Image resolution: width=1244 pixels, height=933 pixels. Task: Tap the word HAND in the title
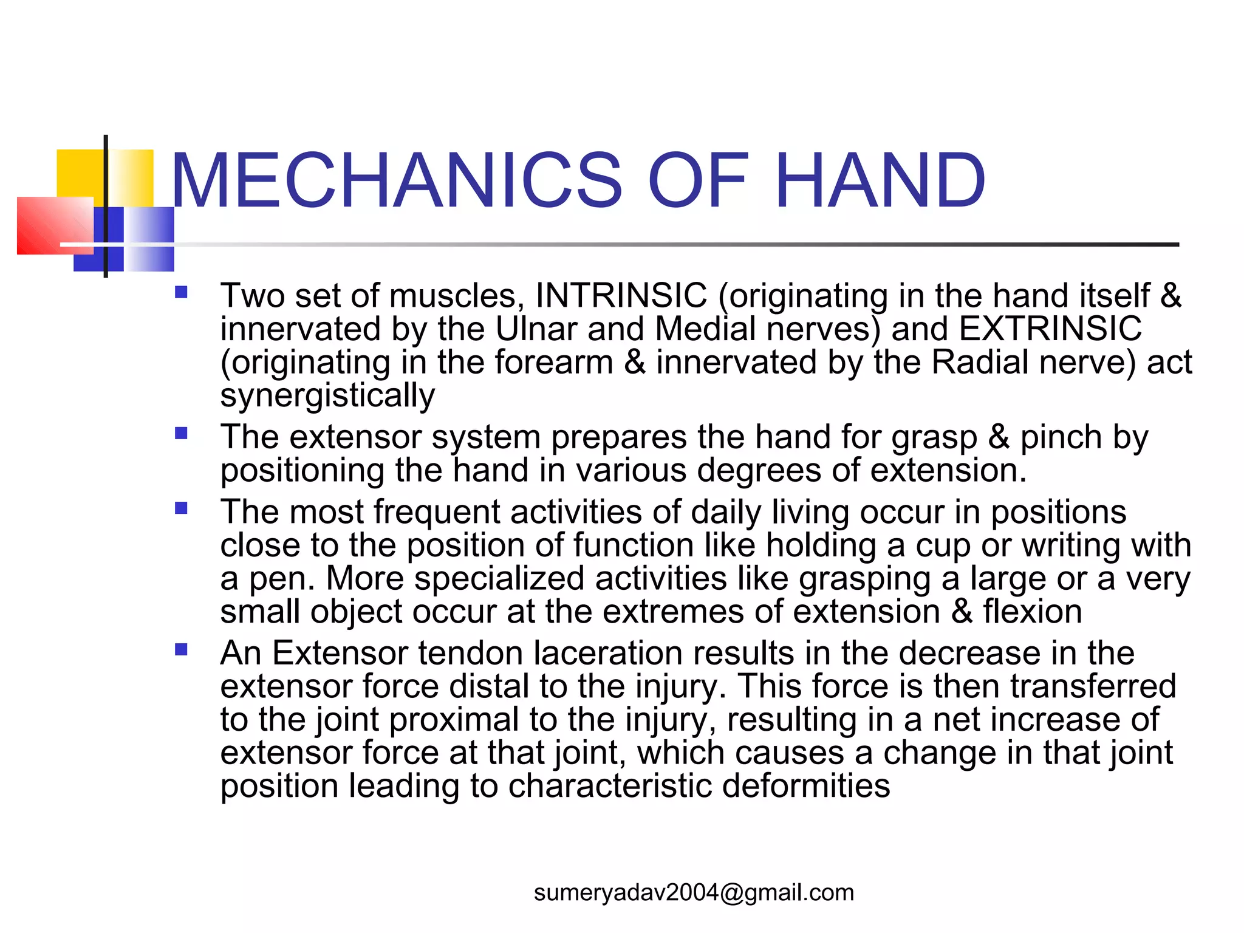point(880,180)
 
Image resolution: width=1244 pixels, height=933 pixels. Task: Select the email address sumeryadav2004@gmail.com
point(694,892)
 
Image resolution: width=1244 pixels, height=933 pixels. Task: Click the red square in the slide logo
point(55,225)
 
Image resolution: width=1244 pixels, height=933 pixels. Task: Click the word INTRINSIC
point(621,296)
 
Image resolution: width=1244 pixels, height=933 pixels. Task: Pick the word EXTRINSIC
point(1050,329)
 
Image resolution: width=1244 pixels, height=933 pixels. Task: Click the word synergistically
point(327,395)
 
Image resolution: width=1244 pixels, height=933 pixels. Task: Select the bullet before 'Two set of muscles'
point(181,293)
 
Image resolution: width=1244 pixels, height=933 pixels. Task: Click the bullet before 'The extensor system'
point(181,434)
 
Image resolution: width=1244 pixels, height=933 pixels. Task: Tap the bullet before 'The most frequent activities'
point(181,508)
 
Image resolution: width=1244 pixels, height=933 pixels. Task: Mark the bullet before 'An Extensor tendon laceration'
point(181,650)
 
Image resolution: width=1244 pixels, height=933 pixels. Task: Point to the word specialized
point(499,578)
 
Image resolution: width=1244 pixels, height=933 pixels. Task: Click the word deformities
point(806,786)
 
